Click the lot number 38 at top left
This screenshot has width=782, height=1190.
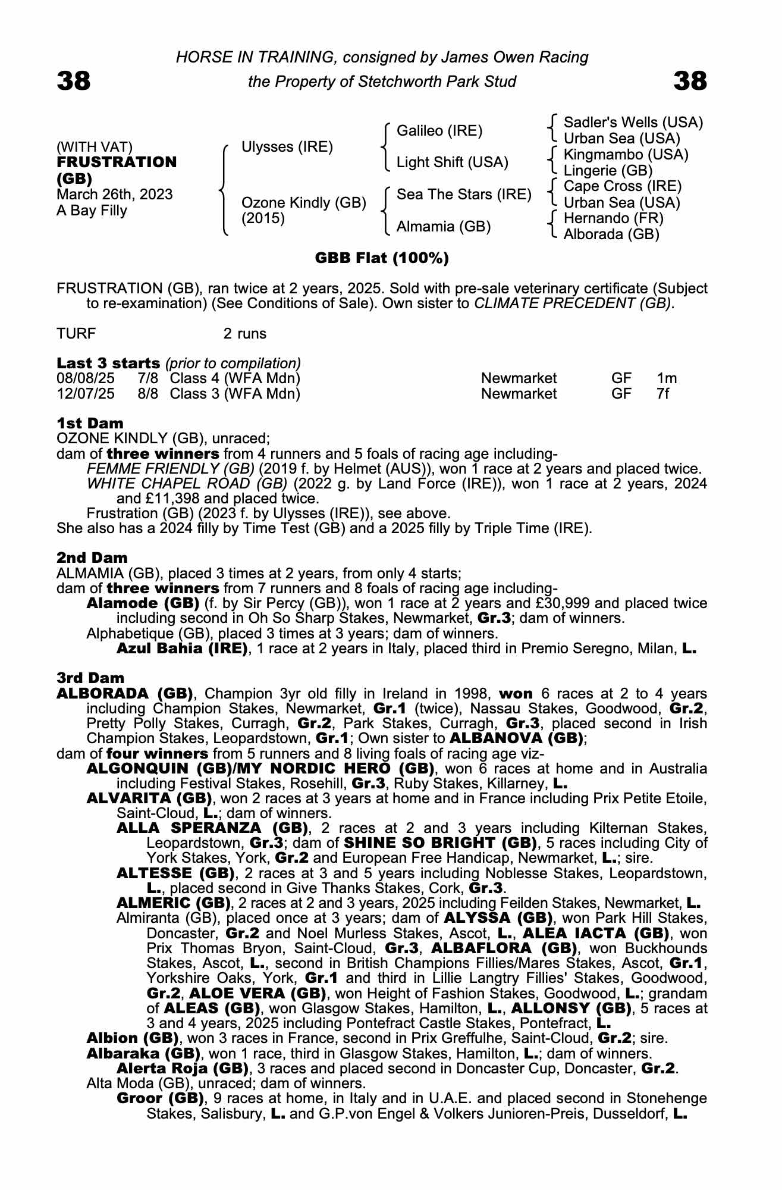pos(74,81)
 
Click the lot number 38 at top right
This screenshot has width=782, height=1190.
pos(690,81)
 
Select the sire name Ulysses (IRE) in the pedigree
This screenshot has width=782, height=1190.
pos(287,147)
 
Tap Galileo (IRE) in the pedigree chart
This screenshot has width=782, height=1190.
pos(439,131)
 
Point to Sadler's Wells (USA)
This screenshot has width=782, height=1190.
pos(633,123)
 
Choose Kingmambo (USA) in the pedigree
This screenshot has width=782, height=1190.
pos(626,155)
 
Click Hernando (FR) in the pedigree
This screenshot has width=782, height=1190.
pos(613,218)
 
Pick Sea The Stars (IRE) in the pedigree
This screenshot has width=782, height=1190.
pos(464,195)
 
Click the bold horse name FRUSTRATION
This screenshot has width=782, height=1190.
pos(117,162)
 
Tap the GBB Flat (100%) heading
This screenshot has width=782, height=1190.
pos(382,258)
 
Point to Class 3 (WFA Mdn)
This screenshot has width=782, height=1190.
pos(235,394)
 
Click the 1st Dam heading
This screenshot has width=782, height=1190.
pos(90,424)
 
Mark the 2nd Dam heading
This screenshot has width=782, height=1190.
pos(92,558)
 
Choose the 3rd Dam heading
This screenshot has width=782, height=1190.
pos(91,678)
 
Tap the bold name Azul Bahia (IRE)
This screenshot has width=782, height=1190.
pos(182,649)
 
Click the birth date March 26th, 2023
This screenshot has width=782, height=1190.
pos(115,195)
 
